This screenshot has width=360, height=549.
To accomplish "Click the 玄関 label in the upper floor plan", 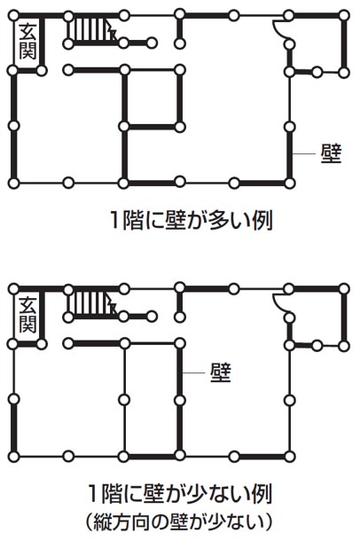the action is (27, 42).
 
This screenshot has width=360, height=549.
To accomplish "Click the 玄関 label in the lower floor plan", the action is (27, 315).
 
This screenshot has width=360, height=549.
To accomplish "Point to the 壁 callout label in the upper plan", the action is (331, 153).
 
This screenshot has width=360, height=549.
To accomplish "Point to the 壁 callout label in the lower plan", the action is (221, 373).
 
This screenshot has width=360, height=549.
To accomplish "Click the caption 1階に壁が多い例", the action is (191, 221).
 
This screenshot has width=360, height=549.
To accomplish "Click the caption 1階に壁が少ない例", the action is (180, 494).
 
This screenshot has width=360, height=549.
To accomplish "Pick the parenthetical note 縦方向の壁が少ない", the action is (179, 522).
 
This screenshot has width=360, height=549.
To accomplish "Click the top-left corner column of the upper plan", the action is (13, 16).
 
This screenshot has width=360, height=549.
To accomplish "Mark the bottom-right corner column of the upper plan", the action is (290, 183).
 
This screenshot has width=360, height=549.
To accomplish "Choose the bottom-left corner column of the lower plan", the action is (13, 457).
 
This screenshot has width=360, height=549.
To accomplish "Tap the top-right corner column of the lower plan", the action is (345, 289).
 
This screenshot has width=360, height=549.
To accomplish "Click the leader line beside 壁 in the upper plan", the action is (304, 153).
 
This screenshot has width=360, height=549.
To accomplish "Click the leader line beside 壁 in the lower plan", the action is (193, 373).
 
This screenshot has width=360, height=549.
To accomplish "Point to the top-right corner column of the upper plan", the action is (345, 16).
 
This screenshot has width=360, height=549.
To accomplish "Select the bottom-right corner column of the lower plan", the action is (290, 457).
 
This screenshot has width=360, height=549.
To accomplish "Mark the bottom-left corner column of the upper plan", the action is (13, 183).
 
